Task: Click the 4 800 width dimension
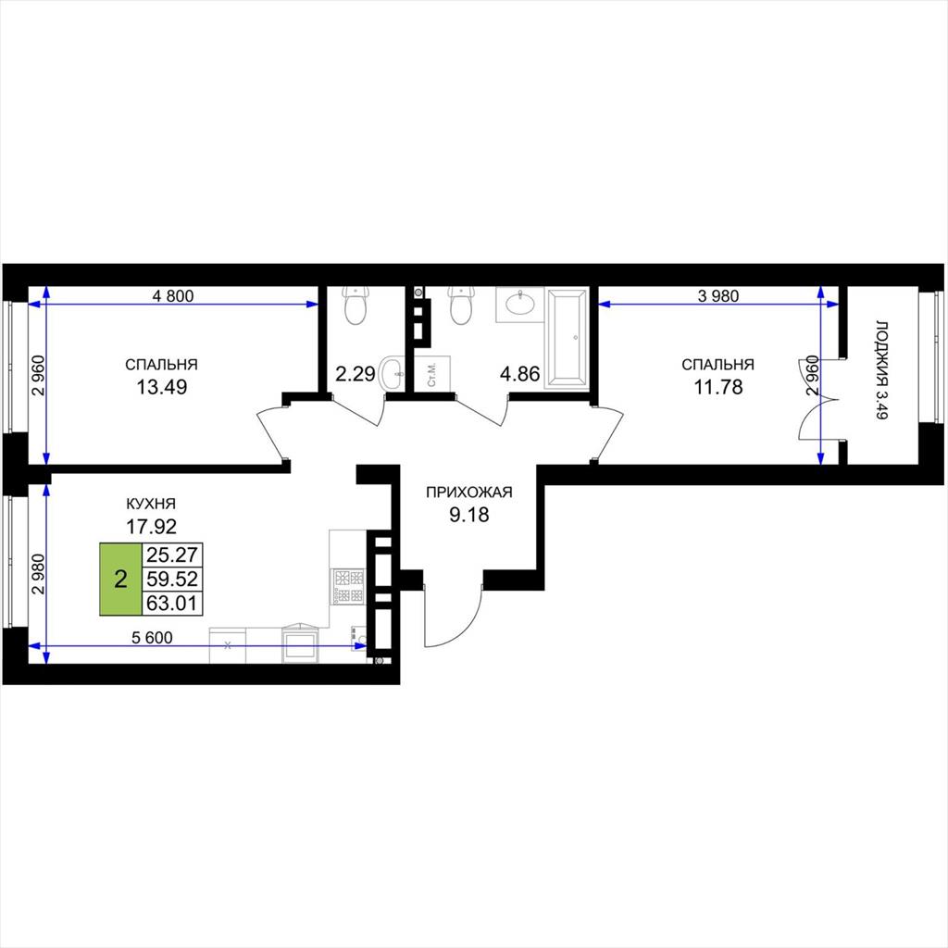pos(173,295)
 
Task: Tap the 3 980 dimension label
pos(718,295)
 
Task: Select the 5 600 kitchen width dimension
pos(153,637)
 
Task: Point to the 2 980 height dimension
pos(38,574)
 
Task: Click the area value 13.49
pos(161,386)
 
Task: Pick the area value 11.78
pos(717,386)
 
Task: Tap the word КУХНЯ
pos(151,504)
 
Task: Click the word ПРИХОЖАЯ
pos(469,493)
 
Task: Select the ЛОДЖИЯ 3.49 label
pos(882,369)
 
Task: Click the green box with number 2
pos(121,580)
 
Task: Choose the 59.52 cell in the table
pos(172,579)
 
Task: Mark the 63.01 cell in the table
pos(172,603)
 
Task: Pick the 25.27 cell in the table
pos(172,555)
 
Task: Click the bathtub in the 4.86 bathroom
pos(567,338)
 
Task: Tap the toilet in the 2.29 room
pos(355,306)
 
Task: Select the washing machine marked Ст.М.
pos(433,374)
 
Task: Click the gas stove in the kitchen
pos(348,587)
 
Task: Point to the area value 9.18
pos(469,515)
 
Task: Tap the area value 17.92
pos(151,527)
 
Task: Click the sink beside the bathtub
pos(520,304)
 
